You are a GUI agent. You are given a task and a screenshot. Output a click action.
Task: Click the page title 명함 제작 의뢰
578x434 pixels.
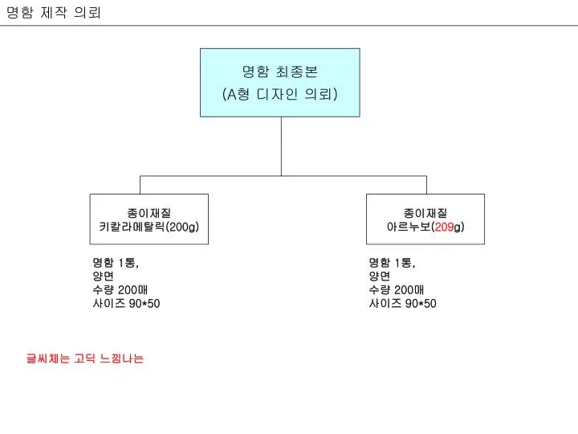tap(54, 13)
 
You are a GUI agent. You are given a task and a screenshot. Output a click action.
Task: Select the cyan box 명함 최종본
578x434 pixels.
tap(280, 83)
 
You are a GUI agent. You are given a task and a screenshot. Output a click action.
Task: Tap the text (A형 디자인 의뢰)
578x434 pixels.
tap(280, 94)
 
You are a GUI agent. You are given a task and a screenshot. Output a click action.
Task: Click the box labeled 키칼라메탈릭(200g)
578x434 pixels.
tap(149, 219)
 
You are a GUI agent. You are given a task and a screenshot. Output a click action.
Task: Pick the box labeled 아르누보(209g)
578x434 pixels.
tap(425, 219)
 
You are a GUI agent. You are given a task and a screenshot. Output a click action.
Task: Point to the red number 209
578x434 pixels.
tap(444, 227)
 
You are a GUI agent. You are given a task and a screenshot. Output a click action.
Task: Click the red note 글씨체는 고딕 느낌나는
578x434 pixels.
tap(85, 358)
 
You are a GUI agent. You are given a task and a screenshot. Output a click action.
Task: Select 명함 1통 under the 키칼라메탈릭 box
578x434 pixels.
tap(116, 263)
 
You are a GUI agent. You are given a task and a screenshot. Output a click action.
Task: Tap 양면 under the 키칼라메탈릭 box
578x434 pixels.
tap(104, 276)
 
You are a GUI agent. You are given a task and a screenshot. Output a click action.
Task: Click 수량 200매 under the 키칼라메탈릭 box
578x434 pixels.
tap(120, 289)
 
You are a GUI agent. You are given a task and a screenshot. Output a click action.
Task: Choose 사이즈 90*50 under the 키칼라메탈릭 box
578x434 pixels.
tap(127, 303)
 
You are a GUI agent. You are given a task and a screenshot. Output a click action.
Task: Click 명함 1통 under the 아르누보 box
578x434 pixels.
tap(393, 263)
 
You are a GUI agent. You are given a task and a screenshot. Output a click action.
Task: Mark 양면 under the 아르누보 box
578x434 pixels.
tap(380, 276)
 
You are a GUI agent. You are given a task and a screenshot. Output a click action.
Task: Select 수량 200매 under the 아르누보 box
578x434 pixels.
tap(397, 289)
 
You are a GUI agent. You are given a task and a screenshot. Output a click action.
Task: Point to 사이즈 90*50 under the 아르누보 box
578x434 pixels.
tap(403, 303)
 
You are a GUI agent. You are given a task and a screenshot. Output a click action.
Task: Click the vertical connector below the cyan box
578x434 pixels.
tap(281, 146)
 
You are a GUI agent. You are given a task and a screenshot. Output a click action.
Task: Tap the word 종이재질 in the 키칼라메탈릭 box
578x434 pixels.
tap(149, 213)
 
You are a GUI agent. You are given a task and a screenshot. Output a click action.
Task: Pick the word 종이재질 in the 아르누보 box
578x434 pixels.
tap(425, 213)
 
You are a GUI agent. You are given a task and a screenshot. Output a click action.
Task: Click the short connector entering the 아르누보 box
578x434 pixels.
tap(426, 185)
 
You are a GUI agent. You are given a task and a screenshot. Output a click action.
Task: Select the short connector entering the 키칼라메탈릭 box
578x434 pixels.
tap(140, 185)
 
